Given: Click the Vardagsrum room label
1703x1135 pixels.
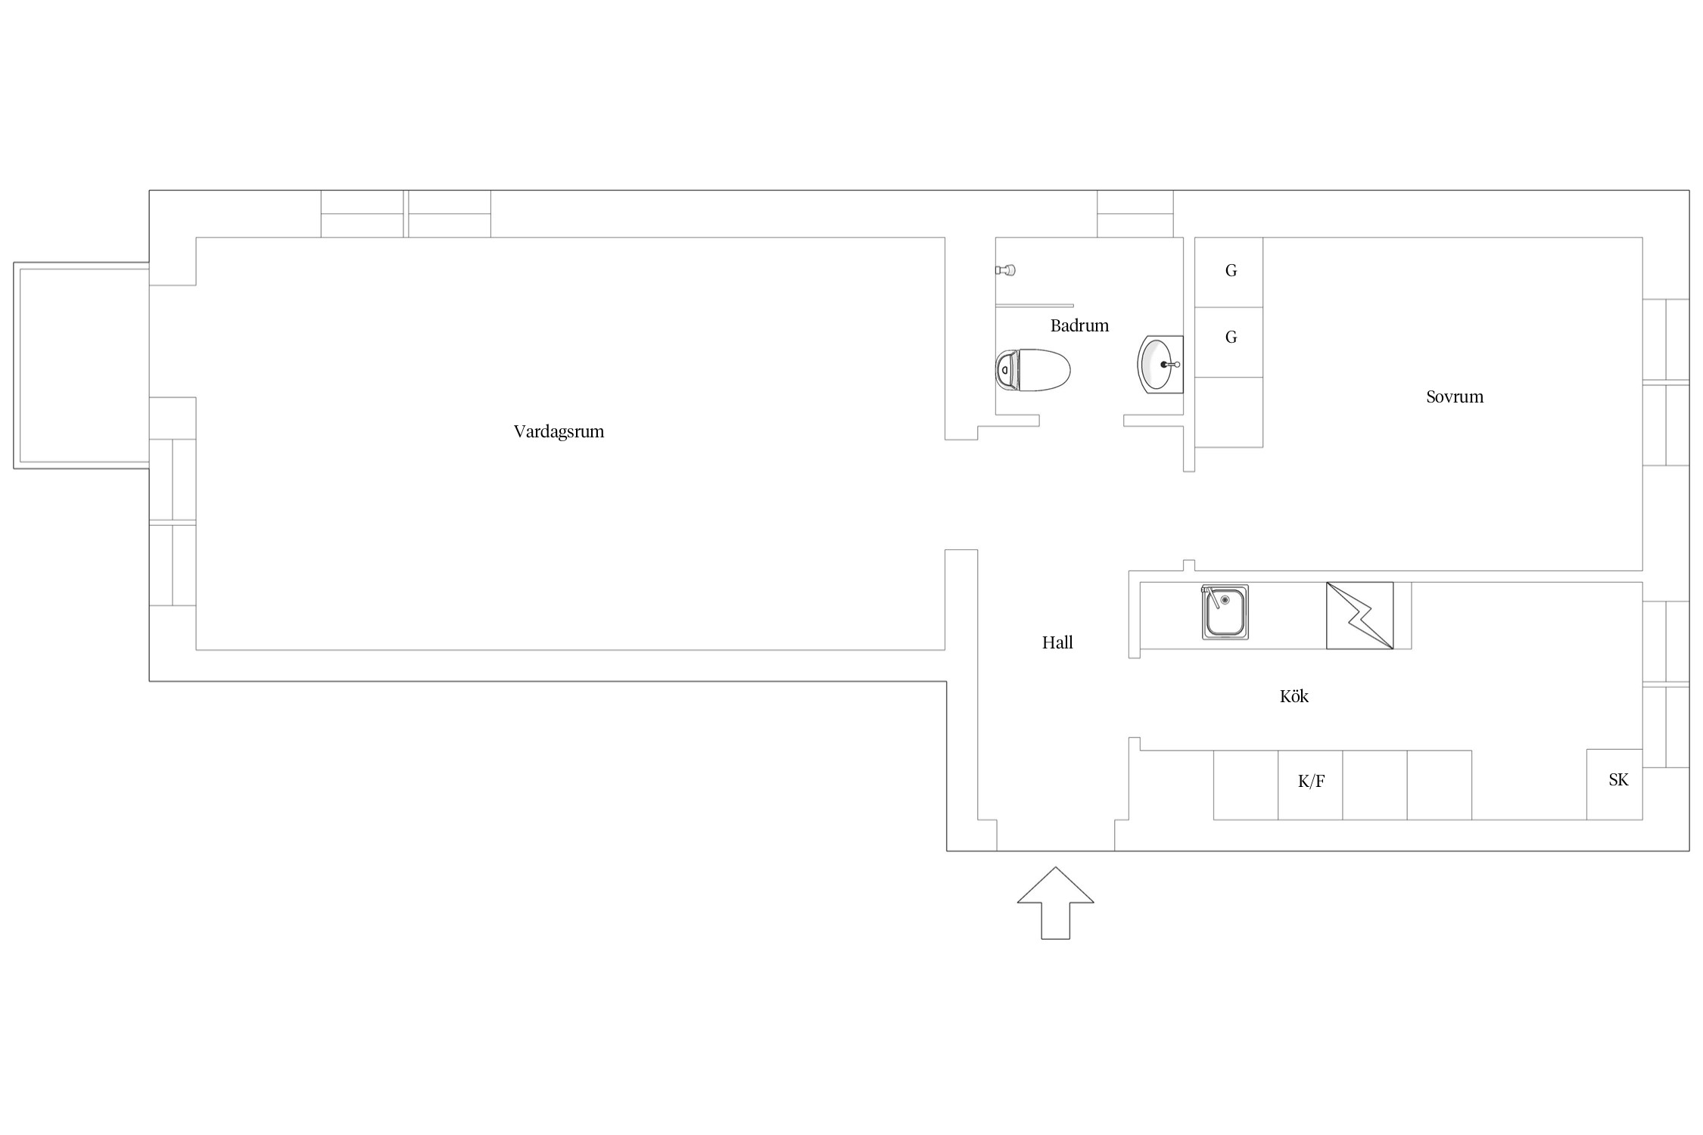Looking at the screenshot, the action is (559, 432).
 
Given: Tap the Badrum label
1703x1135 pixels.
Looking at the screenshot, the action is (1079, 325).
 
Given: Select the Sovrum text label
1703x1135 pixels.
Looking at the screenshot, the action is (1455, 396).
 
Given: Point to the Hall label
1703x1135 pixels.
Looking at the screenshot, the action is (1057, 642).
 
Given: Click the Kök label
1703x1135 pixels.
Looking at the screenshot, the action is (1294, 696).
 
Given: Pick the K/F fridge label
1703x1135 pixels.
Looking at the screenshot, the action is (1311, 782).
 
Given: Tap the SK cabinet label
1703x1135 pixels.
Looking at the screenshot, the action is (1618, 779).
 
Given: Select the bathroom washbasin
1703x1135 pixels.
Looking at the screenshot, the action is (1160, 364).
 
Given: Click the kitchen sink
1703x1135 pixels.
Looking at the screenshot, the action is (1225, 612).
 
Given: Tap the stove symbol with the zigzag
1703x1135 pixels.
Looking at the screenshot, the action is (1359, 615).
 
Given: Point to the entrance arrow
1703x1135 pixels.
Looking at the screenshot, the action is (1055, 903).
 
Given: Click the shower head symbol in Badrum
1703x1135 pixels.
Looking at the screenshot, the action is (1005, 270).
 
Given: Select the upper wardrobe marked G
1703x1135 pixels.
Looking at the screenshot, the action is (1228, 272).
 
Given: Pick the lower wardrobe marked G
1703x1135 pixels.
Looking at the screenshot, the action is (1228, 342).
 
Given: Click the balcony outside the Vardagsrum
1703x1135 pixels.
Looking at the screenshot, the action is (81, 365).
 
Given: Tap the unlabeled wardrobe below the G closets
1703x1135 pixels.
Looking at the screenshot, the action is (1228, 412).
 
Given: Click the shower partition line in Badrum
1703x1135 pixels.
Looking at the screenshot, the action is (1034, 306).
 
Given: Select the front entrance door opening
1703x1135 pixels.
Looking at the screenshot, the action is (1055, 835).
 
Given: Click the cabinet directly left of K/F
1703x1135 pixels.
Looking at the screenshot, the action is (1246, 785).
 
